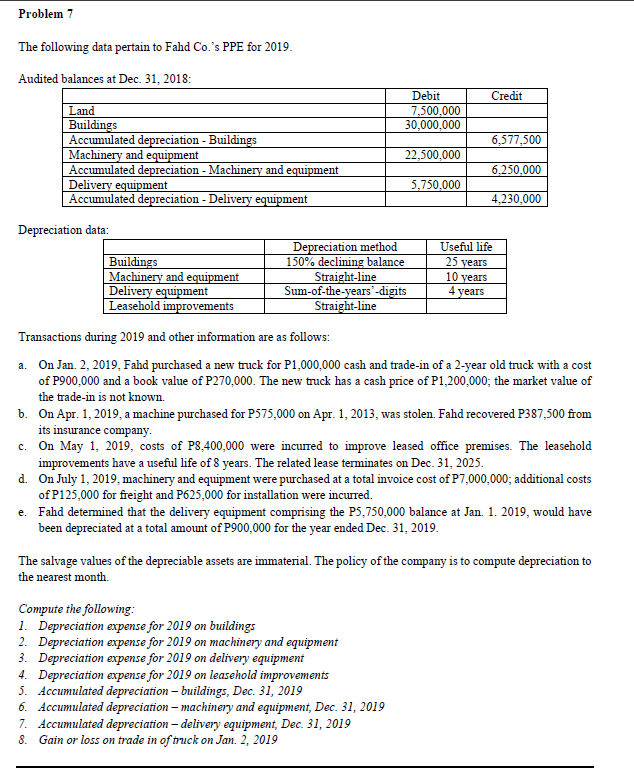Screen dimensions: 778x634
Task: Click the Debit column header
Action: click(425, 96)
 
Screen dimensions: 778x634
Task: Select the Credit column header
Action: click(507, 96)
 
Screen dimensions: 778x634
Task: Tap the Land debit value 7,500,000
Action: click(436, 111)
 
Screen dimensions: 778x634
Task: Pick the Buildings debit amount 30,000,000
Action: click(432, 125)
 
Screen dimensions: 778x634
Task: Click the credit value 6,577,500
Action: click(517, 140)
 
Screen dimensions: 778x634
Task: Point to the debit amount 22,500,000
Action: click(432, 155)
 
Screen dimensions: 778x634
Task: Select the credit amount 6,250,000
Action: click(517, 170)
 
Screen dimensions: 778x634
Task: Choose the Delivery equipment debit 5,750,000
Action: click(436, 185)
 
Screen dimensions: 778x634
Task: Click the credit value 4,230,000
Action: click(517, 199)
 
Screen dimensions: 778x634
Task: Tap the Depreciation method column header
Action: click(344, 247)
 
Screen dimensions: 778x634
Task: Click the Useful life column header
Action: click(466, 247)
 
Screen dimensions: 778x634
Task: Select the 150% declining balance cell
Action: click(344, 262)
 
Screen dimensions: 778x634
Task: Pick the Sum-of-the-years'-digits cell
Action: click(344, 291)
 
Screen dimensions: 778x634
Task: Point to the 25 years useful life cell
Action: click(466, 262)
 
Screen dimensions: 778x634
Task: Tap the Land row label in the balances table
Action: click(82, 111)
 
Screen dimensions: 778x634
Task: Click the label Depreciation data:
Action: click(63, 229)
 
